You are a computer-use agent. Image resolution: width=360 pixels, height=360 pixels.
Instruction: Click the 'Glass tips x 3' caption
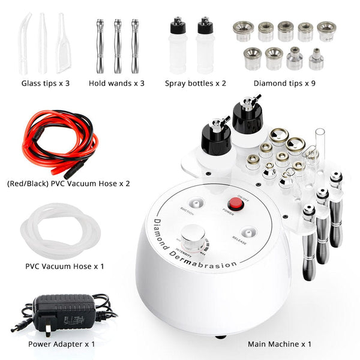[46, 83]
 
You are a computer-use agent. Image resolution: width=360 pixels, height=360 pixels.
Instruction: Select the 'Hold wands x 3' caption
[116, 83]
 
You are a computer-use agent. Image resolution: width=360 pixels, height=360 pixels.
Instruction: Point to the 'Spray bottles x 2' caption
[195, 83]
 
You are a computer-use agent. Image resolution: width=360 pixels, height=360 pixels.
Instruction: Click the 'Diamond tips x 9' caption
[284, 83]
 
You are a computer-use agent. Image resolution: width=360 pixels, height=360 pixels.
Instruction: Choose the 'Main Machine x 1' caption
[279, 344]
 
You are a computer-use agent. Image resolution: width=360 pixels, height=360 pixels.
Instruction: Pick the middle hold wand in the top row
[116, 46]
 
